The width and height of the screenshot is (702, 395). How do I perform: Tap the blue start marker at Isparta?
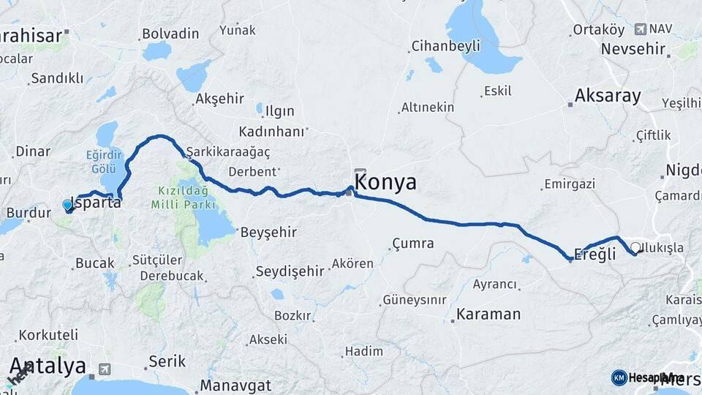(68, 206)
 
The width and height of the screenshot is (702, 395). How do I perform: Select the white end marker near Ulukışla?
(635, 247)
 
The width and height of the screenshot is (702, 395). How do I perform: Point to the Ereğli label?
(594, 253)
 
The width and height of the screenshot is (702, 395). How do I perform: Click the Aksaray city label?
(608, 96)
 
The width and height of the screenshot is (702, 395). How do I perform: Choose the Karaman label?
(488, 315)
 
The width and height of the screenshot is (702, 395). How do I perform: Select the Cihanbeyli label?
(446, 46)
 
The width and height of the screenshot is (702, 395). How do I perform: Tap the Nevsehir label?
(633, 49)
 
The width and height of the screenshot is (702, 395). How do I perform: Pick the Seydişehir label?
(290, 271)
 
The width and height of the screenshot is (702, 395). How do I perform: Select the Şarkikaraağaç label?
(229, 152)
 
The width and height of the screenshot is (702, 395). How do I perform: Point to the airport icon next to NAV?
(641, 29)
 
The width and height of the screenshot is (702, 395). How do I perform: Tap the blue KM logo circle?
(619, 377)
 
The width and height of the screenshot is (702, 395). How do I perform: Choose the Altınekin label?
(428, 108)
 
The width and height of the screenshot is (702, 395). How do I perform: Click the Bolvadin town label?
(170, 34)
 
